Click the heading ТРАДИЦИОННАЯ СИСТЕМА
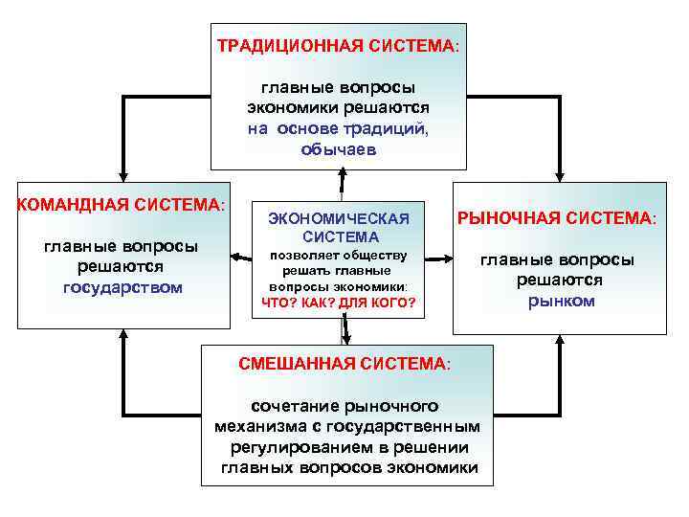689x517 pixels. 337,46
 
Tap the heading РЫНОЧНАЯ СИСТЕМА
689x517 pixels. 559,219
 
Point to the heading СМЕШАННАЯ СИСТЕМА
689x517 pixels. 343,364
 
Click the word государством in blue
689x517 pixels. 122,287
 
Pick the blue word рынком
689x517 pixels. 561,301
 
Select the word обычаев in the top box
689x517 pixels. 339,150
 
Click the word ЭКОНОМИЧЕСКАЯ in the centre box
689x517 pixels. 339,218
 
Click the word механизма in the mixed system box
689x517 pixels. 256,426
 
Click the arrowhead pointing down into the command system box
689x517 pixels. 122,172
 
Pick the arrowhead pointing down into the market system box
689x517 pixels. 560,172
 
